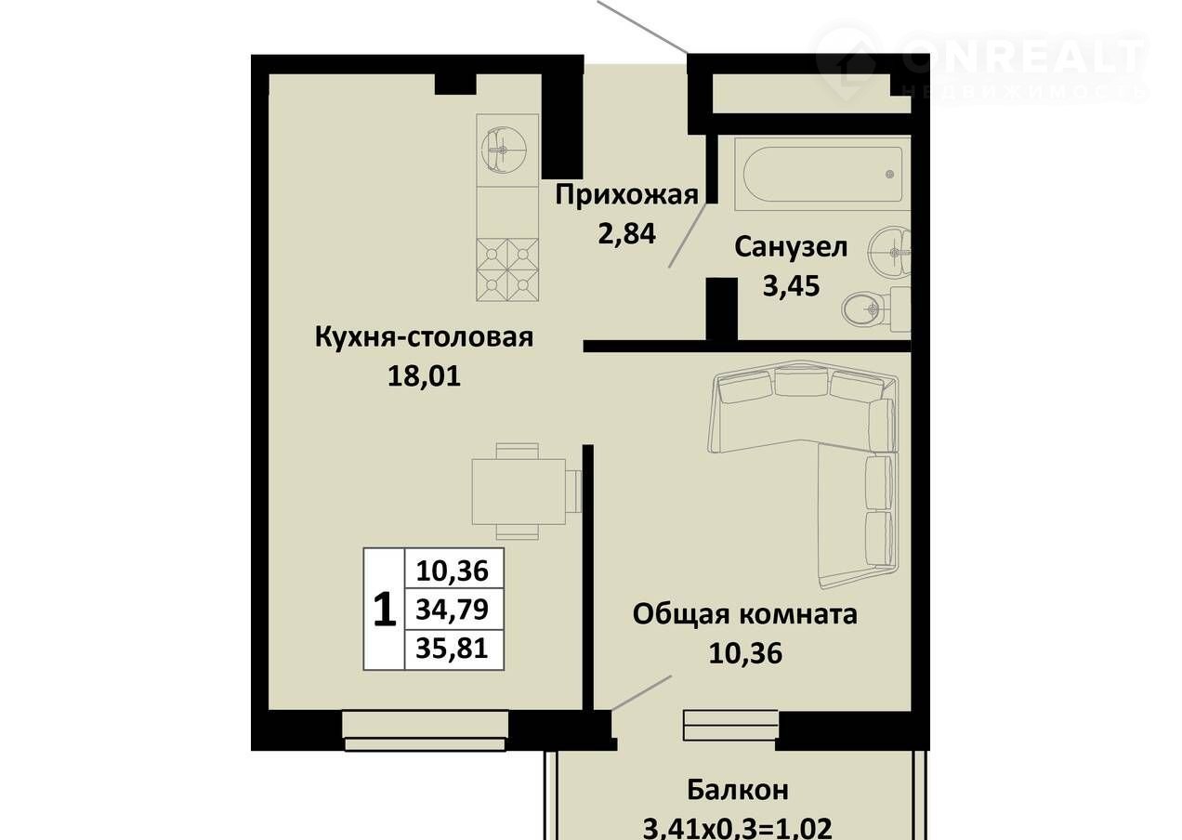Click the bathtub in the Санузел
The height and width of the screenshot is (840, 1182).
click(x=822, y=174)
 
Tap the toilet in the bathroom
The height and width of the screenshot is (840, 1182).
click(x=876, y=309)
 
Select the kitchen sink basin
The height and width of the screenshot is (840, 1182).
click(x=503, y=150)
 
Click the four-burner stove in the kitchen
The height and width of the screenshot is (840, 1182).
click(x=507, y=269)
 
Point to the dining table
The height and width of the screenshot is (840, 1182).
click(x=519, y=492)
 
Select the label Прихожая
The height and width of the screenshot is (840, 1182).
click(x=627, y=196)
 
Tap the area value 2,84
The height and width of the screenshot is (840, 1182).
click(x=627, y=234)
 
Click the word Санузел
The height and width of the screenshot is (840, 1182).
click(x=791, y=247)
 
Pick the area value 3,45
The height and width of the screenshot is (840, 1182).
click(x=791, y=286)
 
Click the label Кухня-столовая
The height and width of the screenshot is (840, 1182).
click(x=424, y=337)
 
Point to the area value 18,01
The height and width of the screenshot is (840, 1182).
click(x=424, y=376)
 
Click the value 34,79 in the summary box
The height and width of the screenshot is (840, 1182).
click(x=453, y=610)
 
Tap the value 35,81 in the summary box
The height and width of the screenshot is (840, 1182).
click(x=453, y=649)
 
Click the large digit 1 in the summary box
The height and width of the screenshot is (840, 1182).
click(x=384, y=610)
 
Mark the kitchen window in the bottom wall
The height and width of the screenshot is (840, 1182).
click(x=425, y=730)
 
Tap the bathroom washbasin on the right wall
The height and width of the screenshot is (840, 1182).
click(x=891, y=252)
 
